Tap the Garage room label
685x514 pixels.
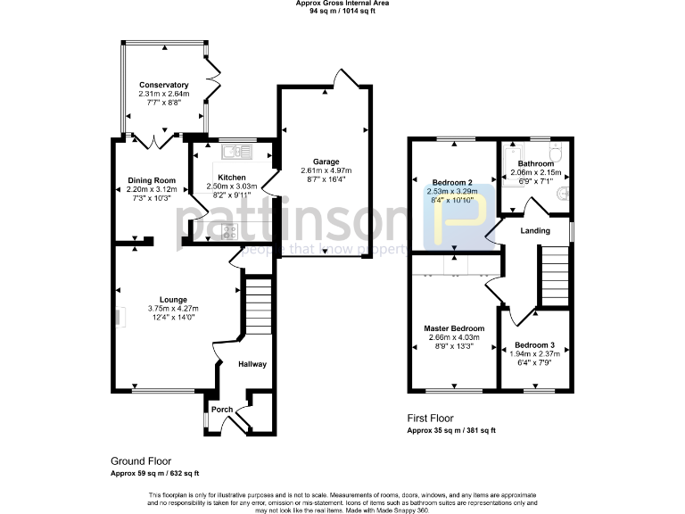click(326, 162)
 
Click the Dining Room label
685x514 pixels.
click(152, 180)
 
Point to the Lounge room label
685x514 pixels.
click(173, 299)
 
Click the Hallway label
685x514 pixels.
click(252, 364)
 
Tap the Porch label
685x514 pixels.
click(221, 410)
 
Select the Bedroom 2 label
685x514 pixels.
click(452, 181)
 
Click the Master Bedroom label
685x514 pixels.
click(455, 328)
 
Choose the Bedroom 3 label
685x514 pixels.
click(535, 344)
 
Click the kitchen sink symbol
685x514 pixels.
click(236, 151)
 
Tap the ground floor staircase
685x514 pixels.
click(256, 305)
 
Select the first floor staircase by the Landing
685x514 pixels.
click(553, 277)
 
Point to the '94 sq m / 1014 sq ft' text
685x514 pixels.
click(342, 11)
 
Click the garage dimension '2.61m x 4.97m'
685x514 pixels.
click(326, 170)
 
